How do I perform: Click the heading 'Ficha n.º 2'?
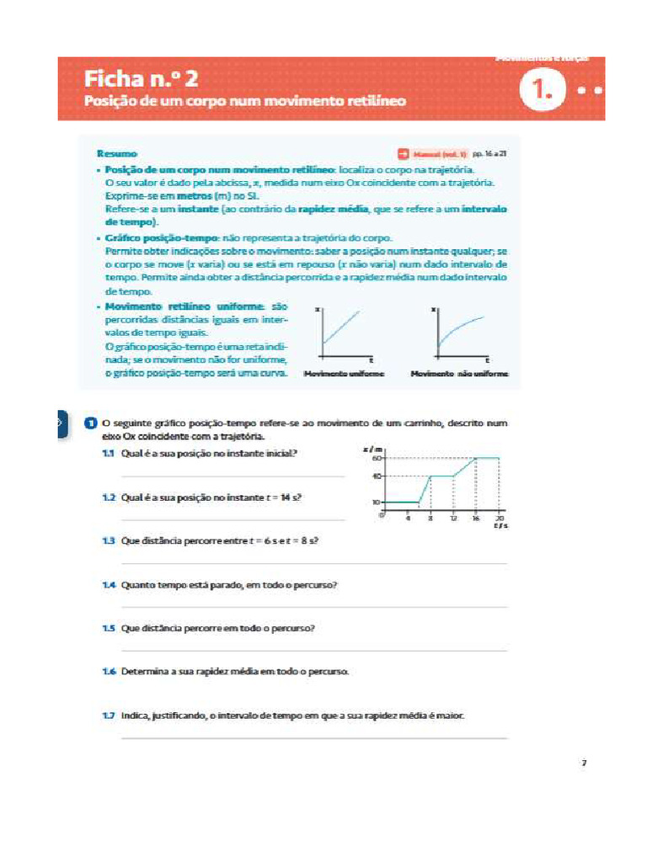pos(141,80)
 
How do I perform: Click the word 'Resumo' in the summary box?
pos(117,154)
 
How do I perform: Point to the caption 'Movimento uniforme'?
pos(344,374)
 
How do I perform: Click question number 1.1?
pos(108,453)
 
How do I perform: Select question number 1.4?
pos(108,583)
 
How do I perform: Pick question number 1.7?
pos(108,716)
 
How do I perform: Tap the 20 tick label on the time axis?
pos(500,519)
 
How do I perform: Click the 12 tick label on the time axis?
pos(453,519)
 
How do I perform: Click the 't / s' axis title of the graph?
pos(500,527)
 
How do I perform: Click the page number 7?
pos(583,764)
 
